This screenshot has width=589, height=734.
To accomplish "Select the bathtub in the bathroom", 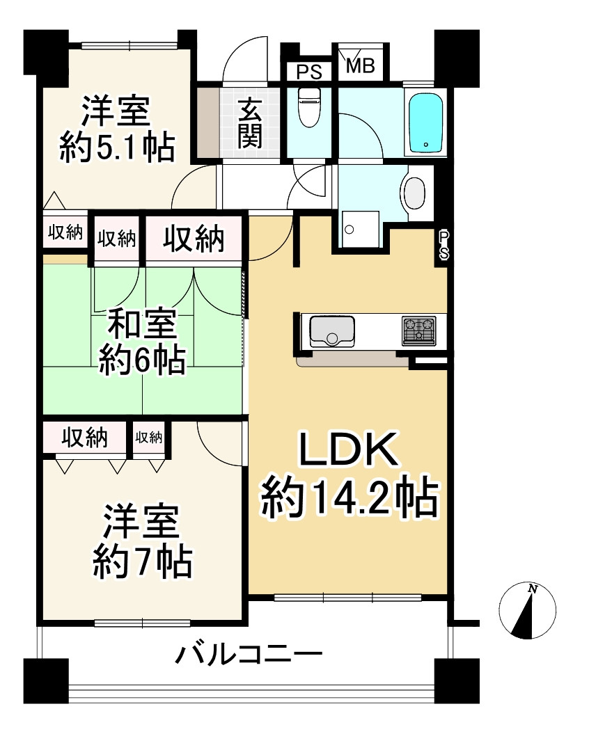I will point(425,122).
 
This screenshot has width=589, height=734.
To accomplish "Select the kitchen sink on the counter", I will point(331,330).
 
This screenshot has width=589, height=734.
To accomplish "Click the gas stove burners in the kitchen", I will point(418,330).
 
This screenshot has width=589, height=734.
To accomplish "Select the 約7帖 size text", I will point(142,561).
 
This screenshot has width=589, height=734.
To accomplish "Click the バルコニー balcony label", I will point(249,655).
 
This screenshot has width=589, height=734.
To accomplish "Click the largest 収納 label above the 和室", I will point(194,239).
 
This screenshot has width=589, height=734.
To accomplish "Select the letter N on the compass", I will point(533,589).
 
